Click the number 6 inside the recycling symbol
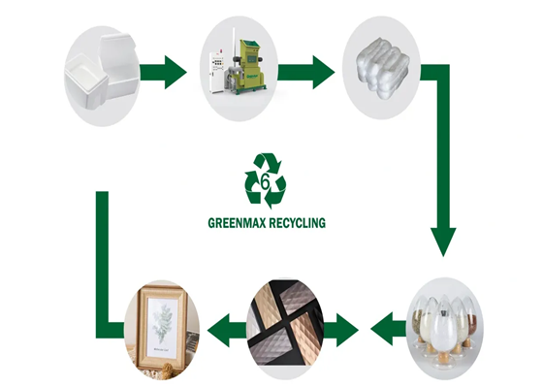tap(265, 181)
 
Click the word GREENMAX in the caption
tap(237, 223)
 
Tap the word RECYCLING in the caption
tap(297, 223)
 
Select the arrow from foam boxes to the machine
tap(164, 72)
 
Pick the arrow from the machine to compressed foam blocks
tap(306, 72)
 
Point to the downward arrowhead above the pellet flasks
tap(443, 242)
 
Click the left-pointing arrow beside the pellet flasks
tap(388, 329)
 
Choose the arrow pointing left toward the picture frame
tap(227, 330)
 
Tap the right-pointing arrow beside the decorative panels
tap(340, 330)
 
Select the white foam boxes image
tap(102, 77)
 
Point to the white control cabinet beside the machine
tap(216, 72)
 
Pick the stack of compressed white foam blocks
tap(382, 69)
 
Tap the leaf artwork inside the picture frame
tap(162, 322)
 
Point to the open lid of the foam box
tap(116, 55)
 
